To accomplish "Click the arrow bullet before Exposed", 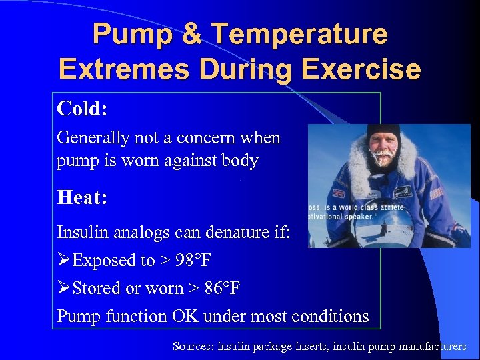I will pos(64,261).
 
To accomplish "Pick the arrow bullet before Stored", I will pos(64,289).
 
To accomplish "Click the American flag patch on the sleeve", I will pos(437,193).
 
